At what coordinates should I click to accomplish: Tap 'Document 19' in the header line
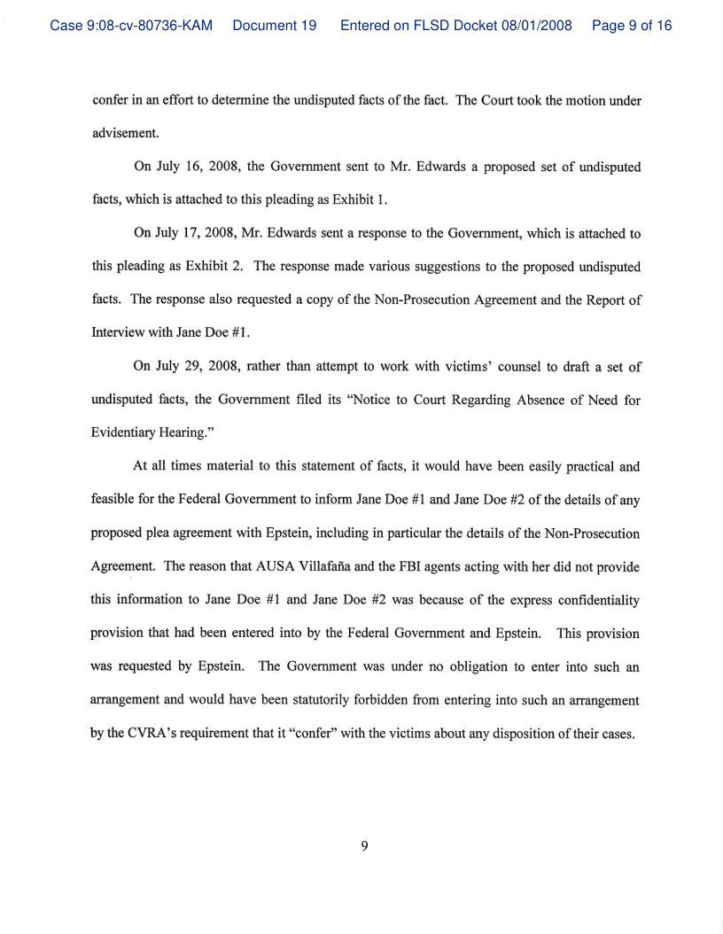pyautogui.click(x=275, y=27)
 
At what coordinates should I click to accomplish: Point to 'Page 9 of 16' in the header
pyautogui.click(x=632, y=27)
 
